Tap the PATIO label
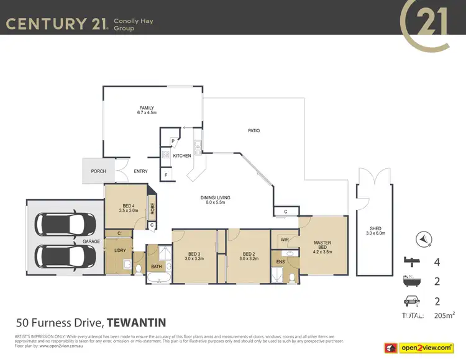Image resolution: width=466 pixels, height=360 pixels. tap(254, 131)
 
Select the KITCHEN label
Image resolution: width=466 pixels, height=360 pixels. tap(181, 156)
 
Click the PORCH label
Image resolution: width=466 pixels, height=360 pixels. tap(98, 171)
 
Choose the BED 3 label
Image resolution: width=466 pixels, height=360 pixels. tap(194, 254)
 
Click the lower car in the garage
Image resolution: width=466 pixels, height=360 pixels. tap(65, 254)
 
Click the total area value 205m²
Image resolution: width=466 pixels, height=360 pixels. tap(444, 316)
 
